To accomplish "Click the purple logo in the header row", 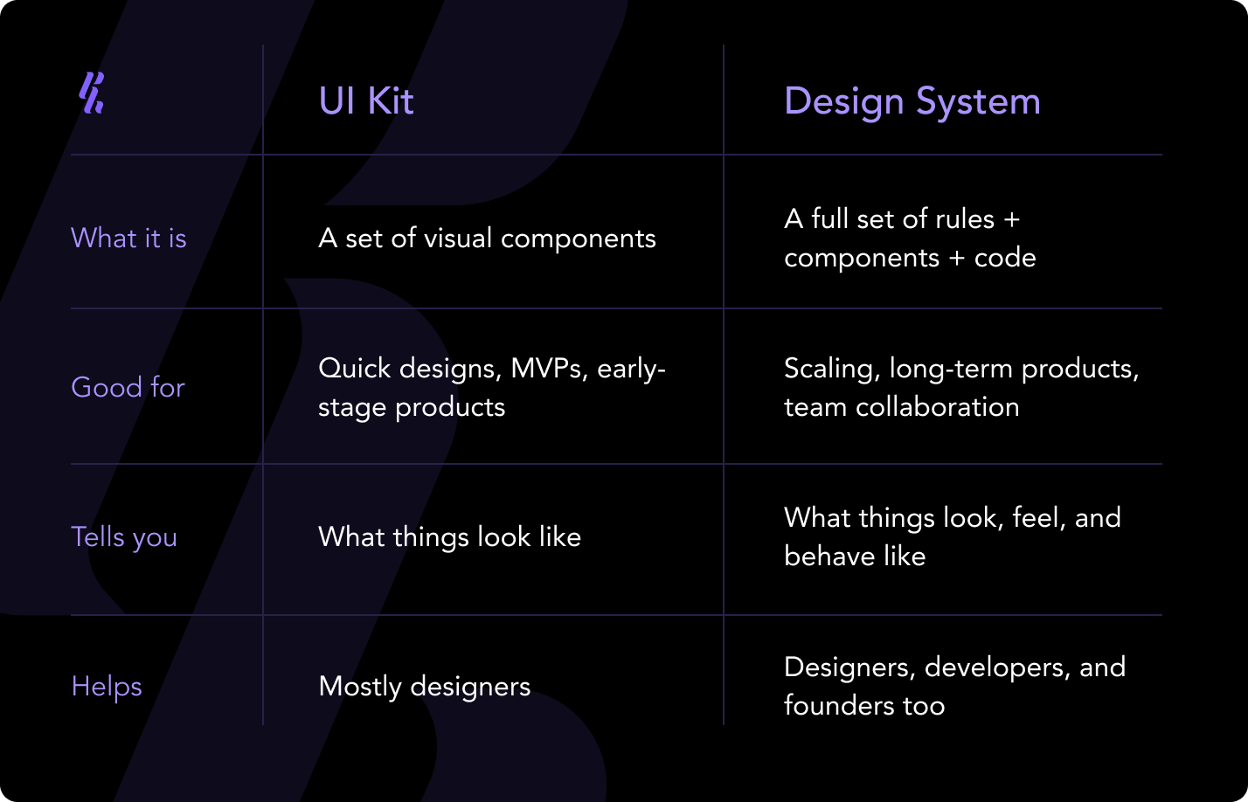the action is coord(92,93).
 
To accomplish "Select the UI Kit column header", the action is coord(366,101).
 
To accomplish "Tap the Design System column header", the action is coord(912,101).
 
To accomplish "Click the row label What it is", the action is coord(128,238).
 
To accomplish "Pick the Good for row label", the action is coord(128,387).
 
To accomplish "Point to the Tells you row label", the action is coord(124,537).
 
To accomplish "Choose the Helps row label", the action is coord(107,687).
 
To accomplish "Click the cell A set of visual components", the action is coord(487,238).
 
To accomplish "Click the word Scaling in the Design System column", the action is coord(831,369).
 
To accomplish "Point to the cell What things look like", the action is coord(449,536).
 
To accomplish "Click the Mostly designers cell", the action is coord(424,687).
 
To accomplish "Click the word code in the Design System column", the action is coord(1005,258).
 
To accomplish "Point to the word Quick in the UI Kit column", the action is coord(354,369).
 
